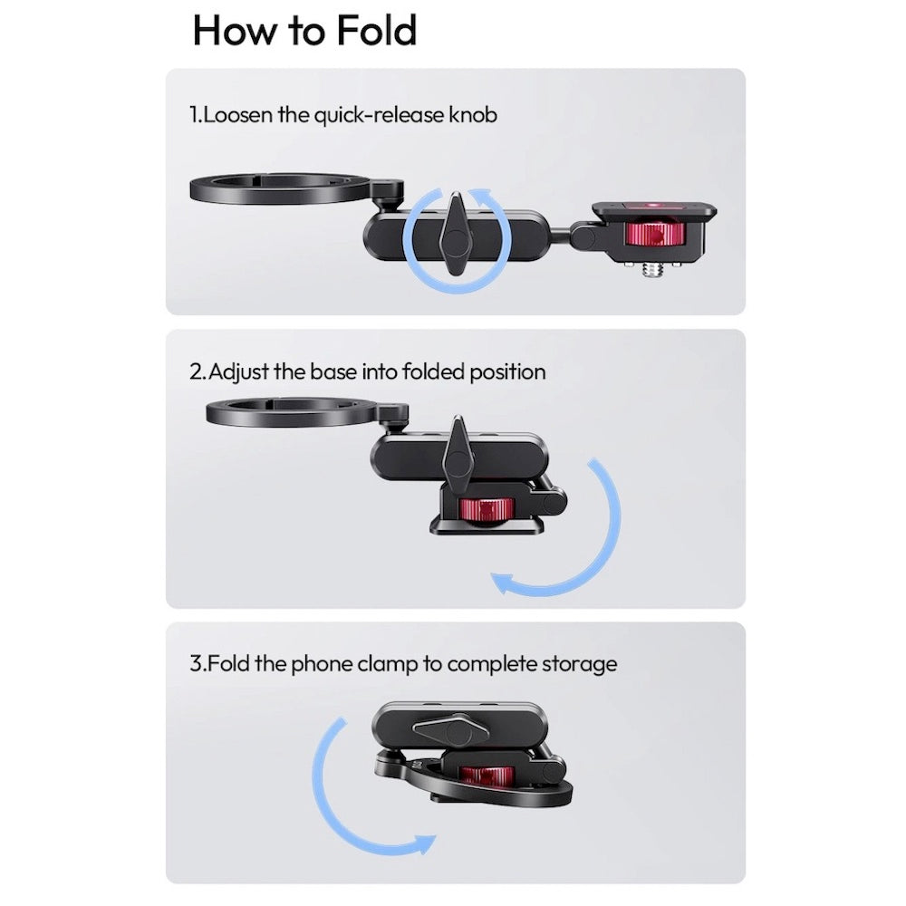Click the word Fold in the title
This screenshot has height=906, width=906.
click(376, 31)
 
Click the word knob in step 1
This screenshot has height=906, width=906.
click(473, 115)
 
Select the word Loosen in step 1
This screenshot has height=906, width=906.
click(237, 115)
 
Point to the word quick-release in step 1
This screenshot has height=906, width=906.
click(379, 116)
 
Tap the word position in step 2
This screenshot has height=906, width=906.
click(506, 372)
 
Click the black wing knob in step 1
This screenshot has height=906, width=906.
click(457, 234)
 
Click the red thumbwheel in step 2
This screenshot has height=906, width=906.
click(486, 509)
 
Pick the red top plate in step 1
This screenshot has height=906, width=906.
click(653, 205)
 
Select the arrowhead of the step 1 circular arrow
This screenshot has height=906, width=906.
click(481, 197)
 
